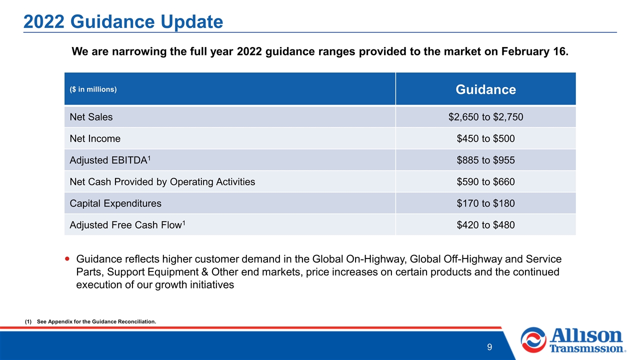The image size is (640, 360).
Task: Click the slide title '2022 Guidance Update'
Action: pyautogui.click(x=123, y=21)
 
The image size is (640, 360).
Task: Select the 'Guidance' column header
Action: pyautogui.click(x=485, y=89)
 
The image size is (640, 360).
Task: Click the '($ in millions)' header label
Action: pyautogui.click(x=93, y=89)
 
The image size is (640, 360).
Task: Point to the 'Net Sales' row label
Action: pyautogui.click(x=91, y=117)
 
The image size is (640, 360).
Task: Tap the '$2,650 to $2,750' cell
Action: pyautogui.click(x=485, y=117)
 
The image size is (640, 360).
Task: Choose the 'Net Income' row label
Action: pyautogui.click(x=95, y=138)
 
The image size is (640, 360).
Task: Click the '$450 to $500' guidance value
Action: pyautogui.click(x=485, y=138)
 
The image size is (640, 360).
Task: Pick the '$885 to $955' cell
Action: pyautogui.click(x=485, y=160)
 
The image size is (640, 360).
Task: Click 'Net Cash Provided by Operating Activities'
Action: pyautogui.click(x=162, y=181)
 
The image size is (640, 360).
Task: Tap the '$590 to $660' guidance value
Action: pyautogui.click(x=485, y=181)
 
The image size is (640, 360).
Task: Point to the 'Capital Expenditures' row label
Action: pyautogui.click(x=115, y=203)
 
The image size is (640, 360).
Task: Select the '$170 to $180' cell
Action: pyautogui.click(x=485, y=203)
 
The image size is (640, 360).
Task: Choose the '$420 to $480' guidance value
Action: pyautogui.click(x=485, y=225)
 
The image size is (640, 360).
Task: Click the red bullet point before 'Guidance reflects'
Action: pyautogui.click(x=67, y=259)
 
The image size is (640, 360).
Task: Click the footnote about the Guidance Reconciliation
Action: pyautogui.click(x=90, y=321)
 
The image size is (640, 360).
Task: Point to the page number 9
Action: pyautogui.click(x=489, y=347)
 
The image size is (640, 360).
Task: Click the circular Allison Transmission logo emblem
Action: pyautogui.click(x=533, y=340)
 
